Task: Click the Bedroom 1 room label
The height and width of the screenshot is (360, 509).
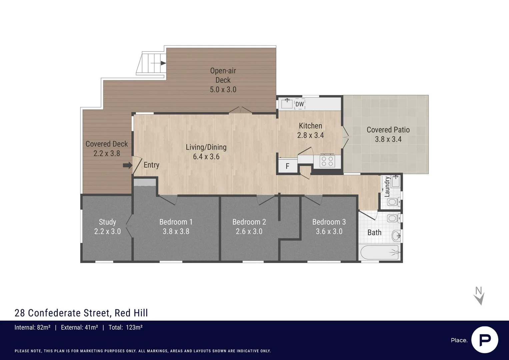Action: point(176,222)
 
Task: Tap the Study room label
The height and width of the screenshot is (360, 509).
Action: point(107,222)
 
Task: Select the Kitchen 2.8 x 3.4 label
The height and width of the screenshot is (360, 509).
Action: point(310,130)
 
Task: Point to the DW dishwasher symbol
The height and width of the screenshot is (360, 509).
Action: point(299,104)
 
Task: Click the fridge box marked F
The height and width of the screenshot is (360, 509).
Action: point(287,166)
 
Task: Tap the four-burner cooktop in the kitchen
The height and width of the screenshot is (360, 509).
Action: point(327,161)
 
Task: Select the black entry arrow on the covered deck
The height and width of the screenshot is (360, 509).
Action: point(127,165)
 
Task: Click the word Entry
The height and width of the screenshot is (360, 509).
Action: point(151,165)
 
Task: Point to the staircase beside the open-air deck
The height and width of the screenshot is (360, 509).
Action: point(152,63)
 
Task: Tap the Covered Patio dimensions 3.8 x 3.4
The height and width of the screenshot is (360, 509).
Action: point(388,139)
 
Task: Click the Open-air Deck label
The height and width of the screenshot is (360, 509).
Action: point(223,75)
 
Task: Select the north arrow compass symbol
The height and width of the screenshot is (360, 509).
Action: point(479,296)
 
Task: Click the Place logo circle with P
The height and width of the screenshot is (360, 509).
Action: point(484,340)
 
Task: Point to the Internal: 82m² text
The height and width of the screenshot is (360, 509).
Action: point(32,327)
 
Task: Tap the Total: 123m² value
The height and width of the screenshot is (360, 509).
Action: point(126,327)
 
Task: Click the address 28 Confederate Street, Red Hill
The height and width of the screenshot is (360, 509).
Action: point(81,313)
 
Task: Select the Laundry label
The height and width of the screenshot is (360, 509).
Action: point(387,187)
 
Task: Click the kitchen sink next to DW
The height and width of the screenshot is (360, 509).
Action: point(286,103)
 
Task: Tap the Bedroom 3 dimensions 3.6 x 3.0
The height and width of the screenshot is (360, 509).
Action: point(329,231)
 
